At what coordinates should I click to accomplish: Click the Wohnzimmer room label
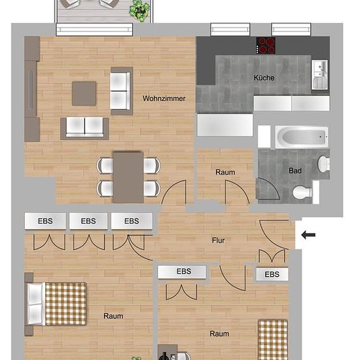click(x=164, y=98)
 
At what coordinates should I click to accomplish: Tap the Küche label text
click(x=264, y=78)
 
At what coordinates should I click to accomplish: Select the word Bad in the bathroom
click(x=295, y=171)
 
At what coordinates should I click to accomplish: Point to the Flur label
click(x=218, y=240)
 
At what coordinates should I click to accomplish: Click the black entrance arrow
click(x=308, y=235)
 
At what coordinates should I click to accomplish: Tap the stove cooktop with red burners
click(x=266, y=45)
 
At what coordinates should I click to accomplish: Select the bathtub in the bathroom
click(x=302, y=137)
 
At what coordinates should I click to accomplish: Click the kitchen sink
click(x=319, y=75)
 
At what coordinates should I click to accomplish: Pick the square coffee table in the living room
click(x=84, y=94)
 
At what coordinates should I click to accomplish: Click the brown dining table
click(x=128, y=177)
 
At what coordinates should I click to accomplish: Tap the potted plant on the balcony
click(x=139, y=10)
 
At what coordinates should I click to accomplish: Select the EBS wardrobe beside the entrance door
click(x=272, y=274)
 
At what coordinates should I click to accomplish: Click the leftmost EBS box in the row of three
click(x=45, y=221)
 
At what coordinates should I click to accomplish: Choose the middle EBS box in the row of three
click(x=88, y=221)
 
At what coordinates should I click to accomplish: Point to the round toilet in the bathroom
click(x=302, y=192)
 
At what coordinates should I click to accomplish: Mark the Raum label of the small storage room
click(x=225, y=172)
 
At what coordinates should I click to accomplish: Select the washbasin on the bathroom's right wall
click(x=324, y=164)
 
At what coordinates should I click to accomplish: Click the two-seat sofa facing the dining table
click(x=84, y=128)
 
